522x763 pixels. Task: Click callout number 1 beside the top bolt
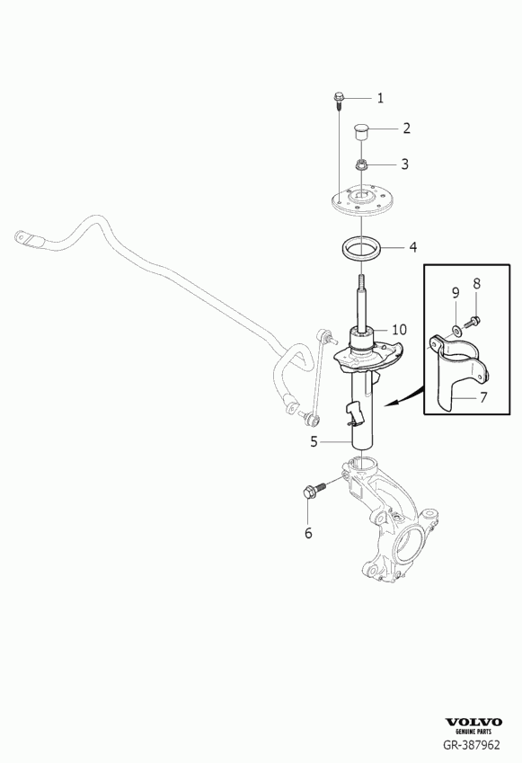click(x=380, y=98)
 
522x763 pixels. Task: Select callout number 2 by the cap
click(x=406, y=129)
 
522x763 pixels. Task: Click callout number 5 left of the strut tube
click(x=314, y=442)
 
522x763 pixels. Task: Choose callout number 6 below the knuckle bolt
click(x=308, y=533)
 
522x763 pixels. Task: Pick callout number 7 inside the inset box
click(x=483, y=397)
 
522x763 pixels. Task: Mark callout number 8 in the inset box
click(x=476, y=283)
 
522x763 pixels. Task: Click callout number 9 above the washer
click(x=456, y=293)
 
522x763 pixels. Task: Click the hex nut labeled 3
click(x=361, y=166)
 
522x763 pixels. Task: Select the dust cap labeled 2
click(x=360, y=132)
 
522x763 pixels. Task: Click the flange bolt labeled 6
click(x=314, y=491)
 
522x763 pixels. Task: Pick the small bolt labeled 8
click(x=473, y=321)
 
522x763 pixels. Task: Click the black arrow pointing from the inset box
click(x=403, y=397)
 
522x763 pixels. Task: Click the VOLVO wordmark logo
click(x=473, y=723)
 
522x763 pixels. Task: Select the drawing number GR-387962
click(x=471, y=744)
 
